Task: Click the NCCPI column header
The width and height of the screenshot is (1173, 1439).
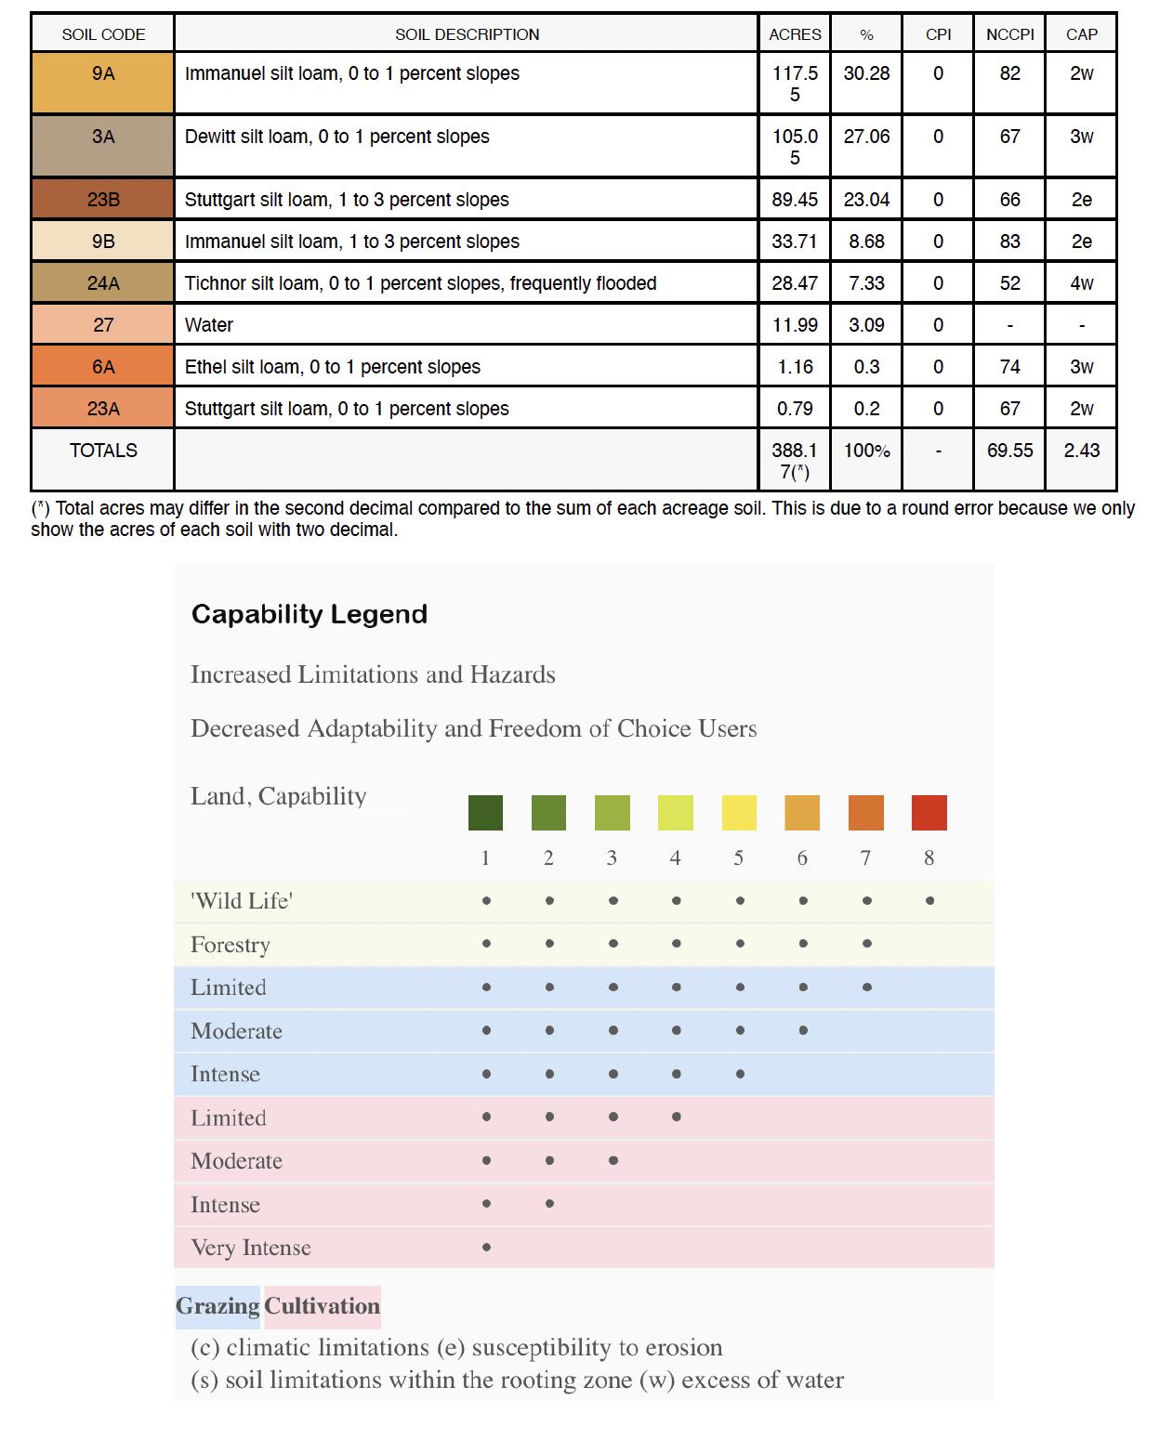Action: [1009, 34]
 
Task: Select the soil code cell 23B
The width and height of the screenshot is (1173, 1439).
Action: [103, 200]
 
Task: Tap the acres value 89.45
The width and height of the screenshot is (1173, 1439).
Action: [795, 200]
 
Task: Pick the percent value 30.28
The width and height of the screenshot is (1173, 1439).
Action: [866, 73]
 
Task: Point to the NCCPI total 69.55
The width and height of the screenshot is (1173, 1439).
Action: [1009, 451]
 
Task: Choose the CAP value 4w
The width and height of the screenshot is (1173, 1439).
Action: [1081, 283]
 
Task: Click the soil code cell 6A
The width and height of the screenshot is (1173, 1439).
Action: [103, 367]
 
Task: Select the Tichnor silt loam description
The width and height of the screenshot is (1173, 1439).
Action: [420, 283]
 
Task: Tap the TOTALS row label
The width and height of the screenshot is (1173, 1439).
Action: [103, 451]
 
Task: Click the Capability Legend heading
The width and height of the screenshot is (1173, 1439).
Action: [310, 614]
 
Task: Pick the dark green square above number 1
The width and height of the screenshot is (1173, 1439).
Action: [485, 813]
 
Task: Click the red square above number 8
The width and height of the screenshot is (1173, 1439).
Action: [929, 813]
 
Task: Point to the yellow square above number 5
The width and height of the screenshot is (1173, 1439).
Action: [739, 813]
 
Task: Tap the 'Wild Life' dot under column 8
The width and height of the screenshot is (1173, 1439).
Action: [929, 900]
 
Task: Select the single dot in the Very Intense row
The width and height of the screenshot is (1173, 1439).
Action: [486, 1248]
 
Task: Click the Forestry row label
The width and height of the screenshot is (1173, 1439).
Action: [231, 945]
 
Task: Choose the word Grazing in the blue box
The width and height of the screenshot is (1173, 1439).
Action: [217, 1306]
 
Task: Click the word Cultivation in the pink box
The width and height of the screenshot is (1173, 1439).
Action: [323, 1306]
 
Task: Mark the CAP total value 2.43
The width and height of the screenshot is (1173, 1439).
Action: [1081, 451]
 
